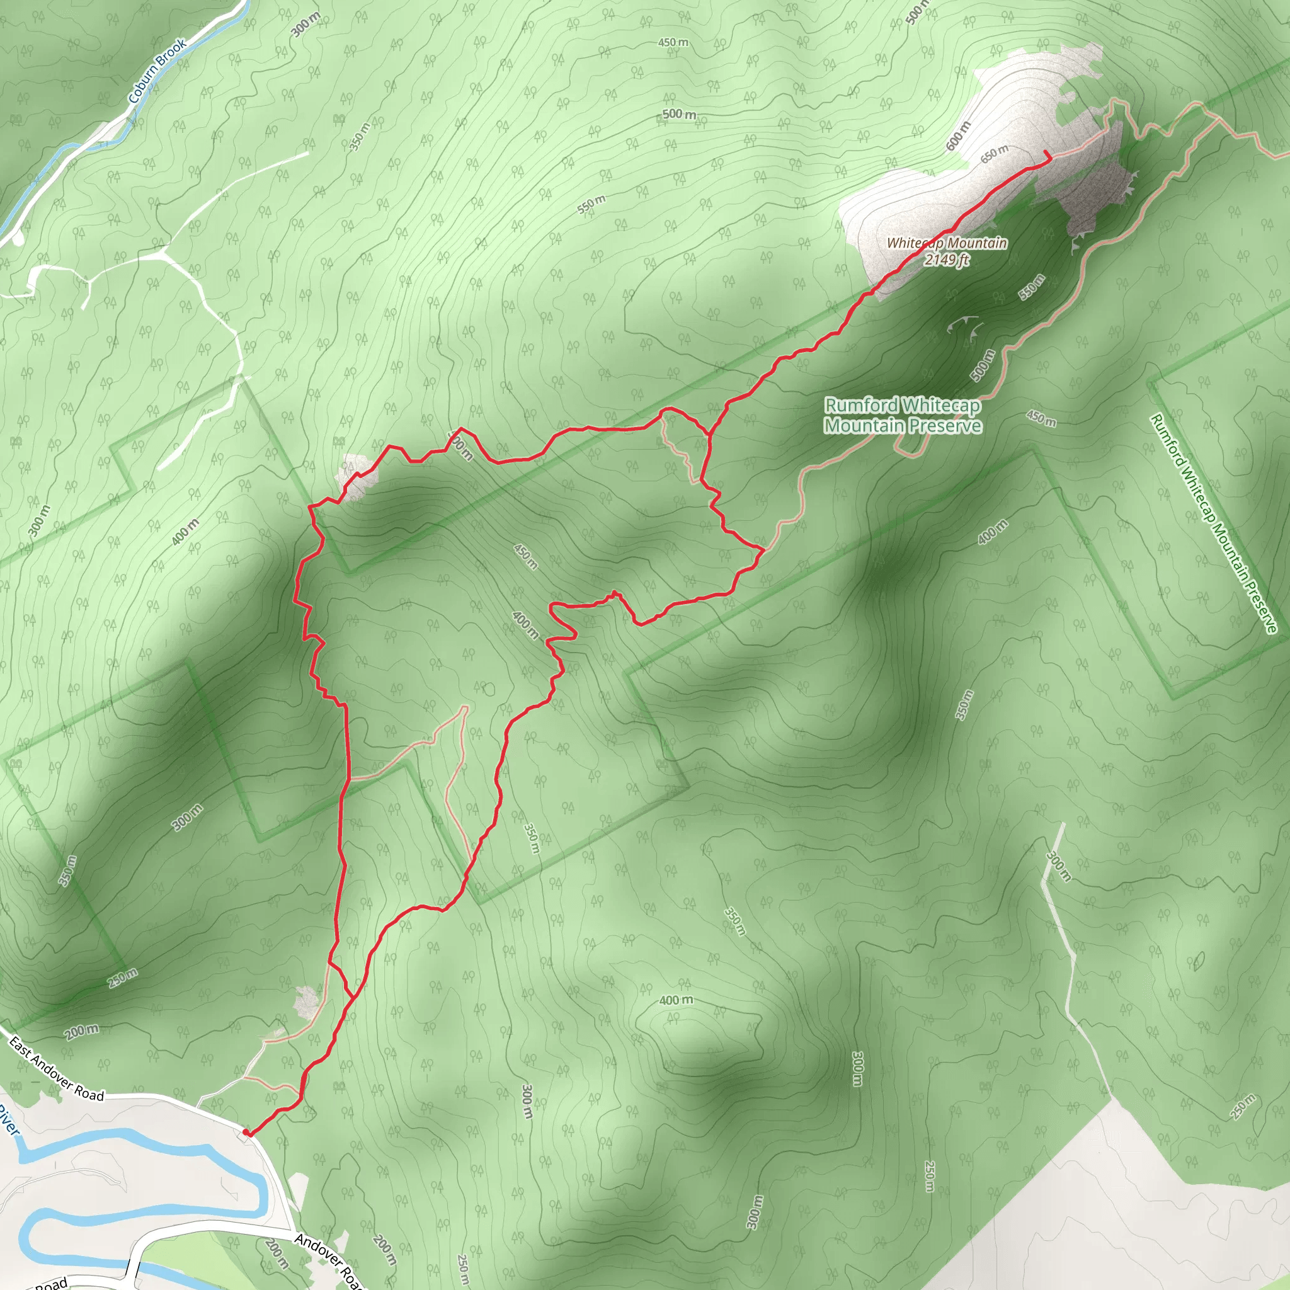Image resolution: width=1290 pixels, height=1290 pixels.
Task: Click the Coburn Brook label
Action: [x=157, y=71]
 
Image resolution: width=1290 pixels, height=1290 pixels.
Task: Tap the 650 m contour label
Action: [x=994, y=154]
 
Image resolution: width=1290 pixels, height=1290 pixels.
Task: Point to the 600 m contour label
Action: [x=958, y=135]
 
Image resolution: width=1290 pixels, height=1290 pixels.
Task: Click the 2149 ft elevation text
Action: [x=947, y=259]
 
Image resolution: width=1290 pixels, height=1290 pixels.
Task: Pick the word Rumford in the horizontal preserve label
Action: [x=861, y=405]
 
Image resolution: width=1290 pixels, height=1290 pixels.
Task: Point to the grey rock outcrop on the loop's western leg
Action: [x=359, y=476]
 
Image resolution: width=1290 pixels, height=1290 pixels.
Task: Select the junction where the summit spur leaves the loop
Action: [x=709, y=435]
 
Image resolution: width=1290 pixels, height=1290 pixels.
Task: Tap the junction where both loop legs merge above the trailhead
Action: [x=353, y=997]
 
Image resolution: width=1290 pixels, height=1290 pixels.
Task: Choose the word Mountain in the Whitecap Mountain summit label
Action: [x=976, y=243]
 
